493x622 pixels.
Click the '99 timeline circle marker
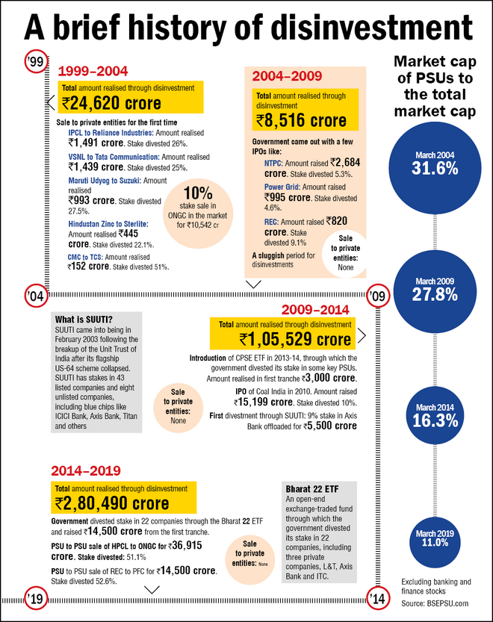pyautogui.click(x=33, y=63)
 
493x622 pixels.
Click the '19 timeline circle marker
pyautogui.click(x=33, y=597)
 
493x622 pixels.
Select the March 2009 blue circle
pyautogui.click(x=434, y=288)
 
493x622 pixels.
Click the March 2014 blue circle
pyautogui.click(x=434, y=415)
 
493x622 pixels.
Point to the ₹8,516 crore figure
pyautogui.click(x=301, y=120)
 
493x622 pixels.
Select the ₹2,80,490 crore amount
pyautogui.click(x=111, y=503)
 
